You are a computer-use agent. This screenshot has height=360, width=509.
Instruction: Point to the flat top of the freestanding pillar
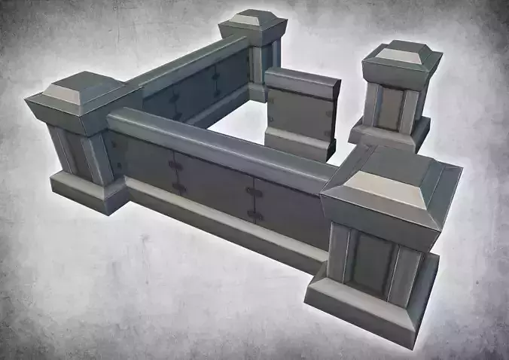(400, 56)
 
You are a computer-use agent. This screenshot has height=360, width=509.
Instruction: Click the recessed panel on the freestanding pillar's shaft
(390, 108)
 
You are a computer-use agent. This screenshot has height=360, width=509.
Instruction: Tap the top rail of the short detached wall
(301, 81)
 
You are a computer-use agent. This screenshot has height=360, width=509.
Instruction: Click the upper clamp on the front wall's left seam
(175, 164)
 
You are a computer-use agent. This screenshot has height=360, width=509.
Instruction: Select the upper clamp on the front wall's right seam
(254, 193)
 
